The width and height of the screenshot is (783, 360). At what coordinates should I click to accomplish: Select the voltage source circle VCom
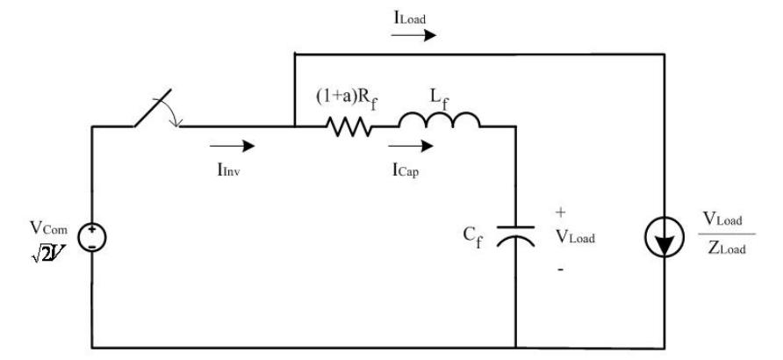92,237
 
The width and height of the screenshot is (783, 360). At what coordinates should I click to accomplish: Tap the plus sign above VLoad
561,212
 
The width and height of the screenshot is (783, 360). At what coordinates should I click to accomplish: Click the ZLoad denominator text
729,248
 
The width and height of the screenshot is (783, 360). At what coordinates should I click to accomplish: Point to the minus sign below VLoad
561,270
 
